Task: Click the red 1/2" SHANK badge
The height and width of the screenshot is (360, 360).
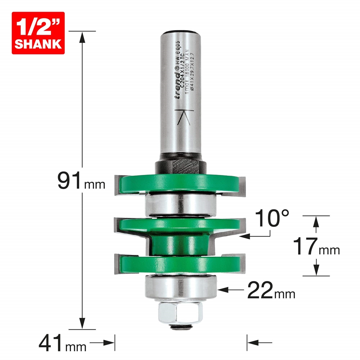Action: (38, 33)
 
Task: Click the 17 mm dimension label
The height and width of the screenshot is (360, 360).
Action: (315, 247)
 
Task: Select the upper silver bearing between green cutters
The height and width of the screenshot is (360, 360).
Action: (180, 205)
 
